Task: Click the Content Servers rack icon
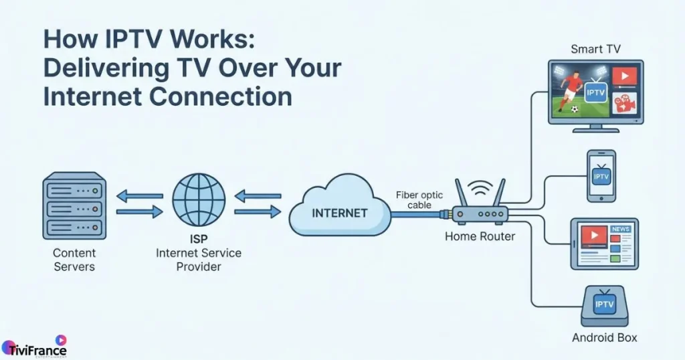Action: [74, 205]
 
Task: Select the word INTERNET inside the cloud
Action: [340, 213]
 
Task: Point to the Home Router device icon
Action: [480, 213]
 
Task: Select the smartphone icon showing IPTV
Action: [601, 175]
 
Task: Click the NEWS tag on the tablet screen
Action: [620, 230]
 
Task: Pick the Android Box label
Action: [604, 337]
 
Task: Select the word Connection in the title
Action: [221, 96]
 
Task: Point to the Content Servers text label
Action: [74, 260]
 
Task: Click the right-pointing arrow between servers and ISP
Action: [139, 212]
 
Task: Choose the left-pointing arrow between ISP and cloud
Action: [258, 196]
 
